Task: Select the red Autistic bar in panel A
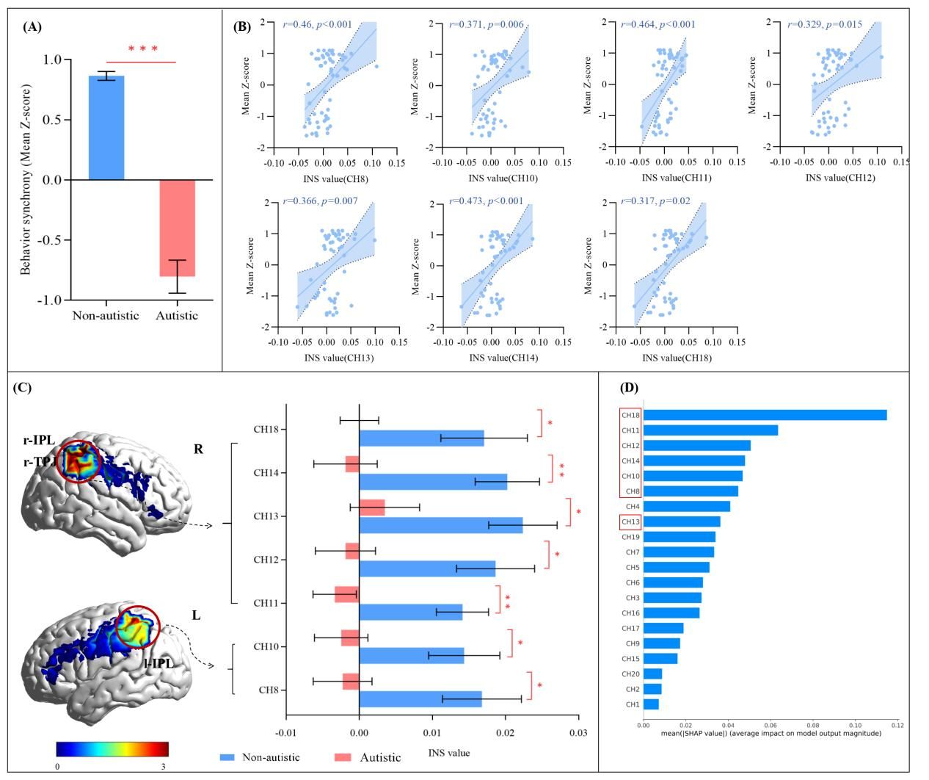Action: (177, 228)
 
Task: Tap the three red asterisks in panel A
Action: (143, 49)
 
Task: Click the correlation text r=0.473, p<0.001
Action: (485, 201)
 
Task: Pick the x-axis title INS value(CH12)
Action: (840, 178)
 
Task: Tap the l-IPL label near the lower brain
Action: (159, 662)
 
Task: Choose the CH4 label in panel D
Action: (632, 507)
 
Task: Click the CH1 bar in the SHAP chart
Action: (651, 704)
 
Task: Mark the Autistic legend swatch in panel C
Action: (343, 757)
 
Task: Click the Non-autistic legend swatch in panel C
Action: (227, 757)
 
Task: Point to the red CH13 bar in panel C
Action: (372, 508)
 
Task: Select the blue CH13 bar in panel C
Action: (440, 524)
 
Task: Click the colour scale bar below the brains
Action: (112, 749)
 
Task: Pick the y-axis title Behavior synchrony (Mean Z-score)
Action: (26, 180)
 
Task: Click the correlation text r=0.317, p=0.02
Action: (655, 201)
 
